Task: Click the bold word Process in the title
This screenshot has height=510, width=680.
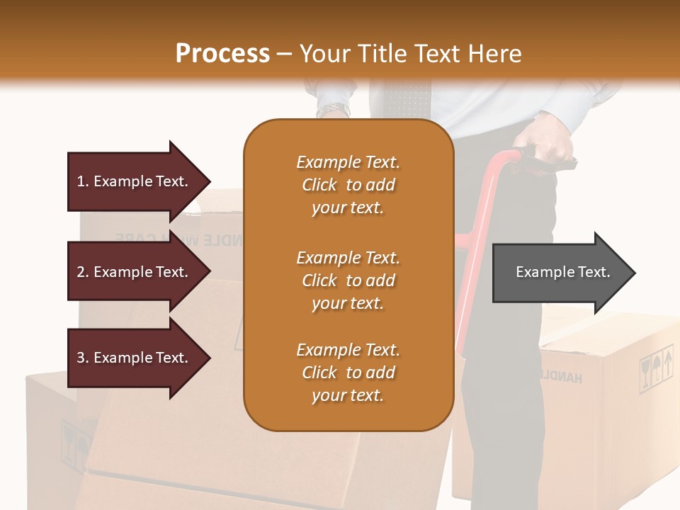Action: point(222,54)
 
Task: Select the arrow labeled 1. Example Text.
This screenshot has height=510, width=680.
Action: point(135,181)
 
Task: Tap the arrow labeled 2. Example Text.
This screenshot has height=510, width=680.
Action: point(135,272)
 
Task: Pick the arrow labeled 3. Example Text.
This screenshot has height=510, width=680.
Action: point(135,358)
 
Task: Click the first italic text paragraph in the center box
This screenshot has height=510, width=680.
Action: point(348,185)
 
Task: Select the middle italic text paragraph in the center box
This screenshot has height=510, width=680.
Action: point(348,280)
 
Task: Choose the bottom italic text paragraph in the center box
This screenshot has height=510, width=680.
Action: point(348,373)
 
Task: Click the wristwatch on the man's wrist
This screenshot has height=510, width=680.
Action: point(333,110)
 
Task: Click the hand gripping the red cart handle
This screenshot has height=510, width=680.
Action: point(552,145)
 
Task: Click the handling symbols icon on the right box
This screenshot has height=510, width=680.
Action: point(656,368)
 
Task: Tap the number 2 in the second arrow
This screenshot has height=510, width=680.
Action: point(80,272)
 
